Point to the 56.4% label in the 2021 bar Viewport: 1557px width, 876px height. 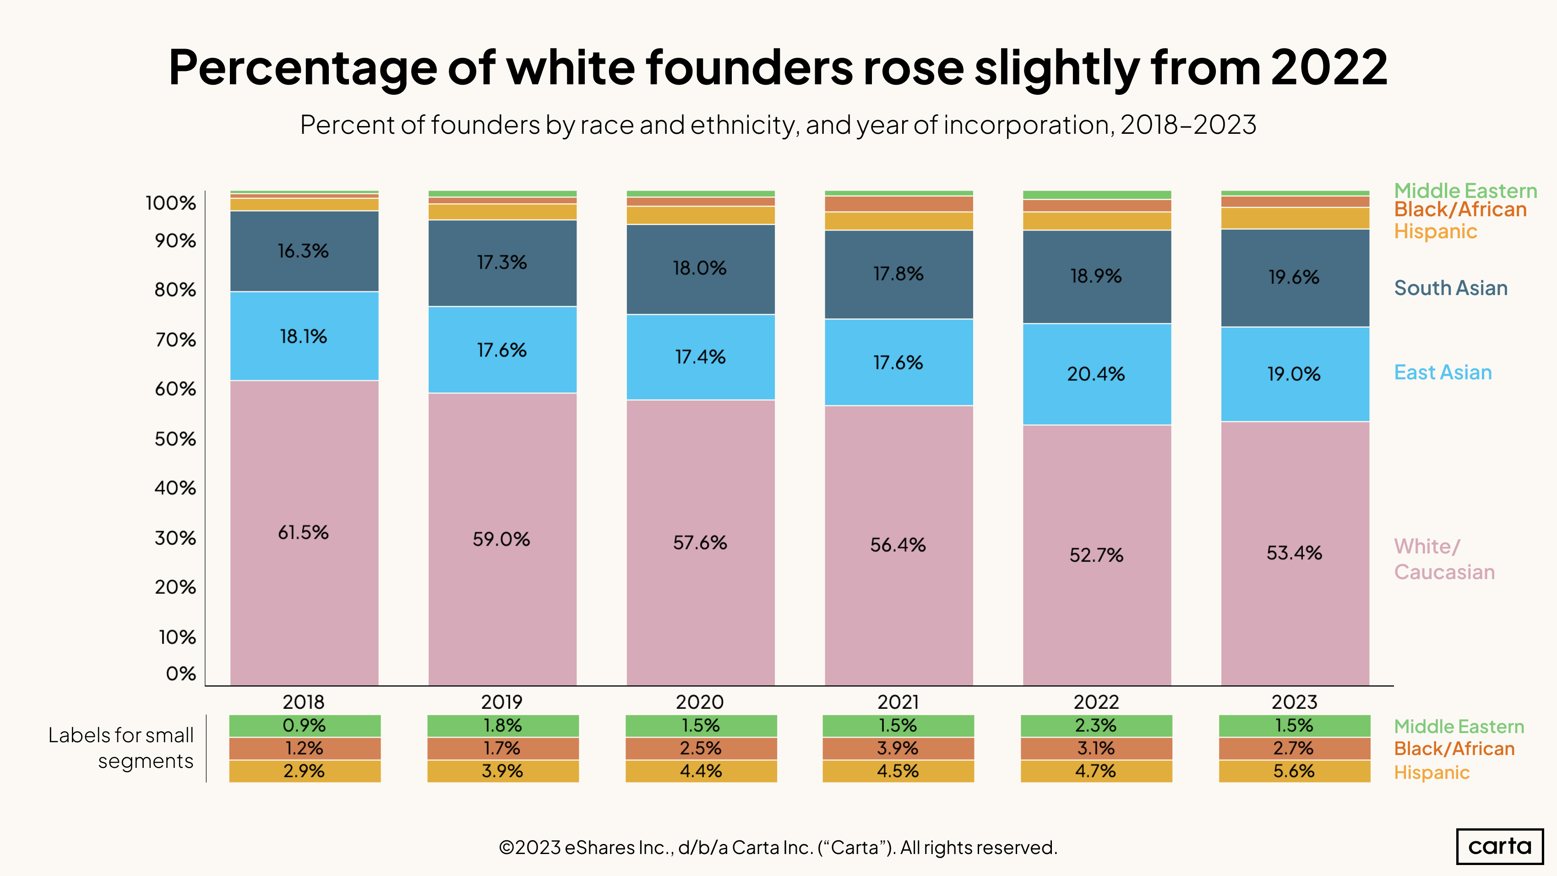click(898, 545)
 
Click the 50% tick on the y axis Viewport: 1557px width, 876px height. click(175, 439)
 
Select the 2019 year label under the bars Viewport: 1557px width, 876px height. click(501, 702)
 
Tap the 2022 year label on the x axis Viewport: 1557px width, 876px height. click(1096, 702)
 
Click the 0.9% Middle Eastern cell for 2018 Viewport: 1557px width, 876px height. click(304, 725)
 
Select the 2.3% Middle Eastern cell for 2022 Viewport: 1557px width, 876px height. click(1096, 725)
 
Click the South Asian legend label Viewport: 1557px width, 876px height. click(1451, 288)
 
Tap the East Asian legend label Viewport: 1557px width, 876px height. click(1443, 372)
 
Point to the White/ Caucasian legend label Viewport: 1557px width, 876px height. click(1444, 559)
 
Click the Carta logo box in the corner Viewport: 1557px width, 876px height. click(1500, 846)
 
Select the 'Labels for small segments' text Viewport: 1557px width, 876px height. click(121, 748)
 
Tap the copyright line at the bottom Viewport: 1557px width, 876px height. click(778, 848)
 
